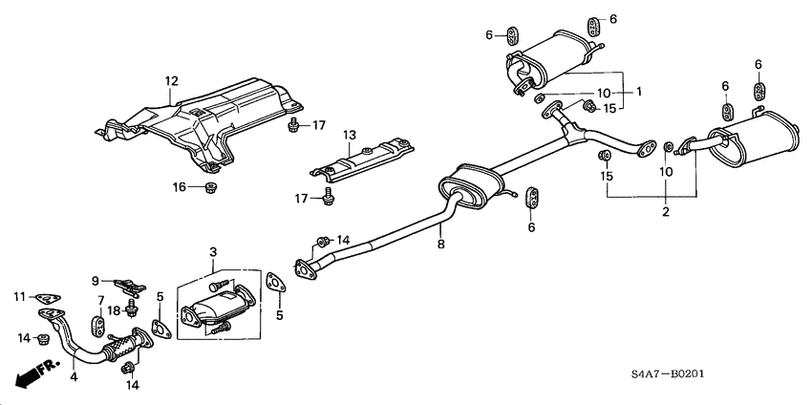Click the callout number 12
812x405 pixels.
(x=171, y=82)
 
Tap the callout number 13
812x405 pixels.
(x=349, y=135)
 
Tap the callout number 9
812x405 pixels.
(x=96, y=280)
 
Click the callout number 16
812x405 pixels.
(x=179, y=187)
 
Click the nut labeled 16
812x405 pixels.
(x=209, y=186)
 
